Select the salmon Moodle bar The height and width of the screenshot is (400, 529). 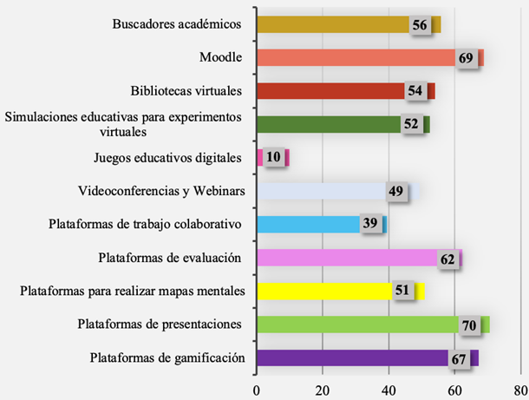click(x=356, y=58)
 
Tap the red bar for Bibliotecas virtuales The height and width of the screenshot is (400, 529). click(x=330, y=91)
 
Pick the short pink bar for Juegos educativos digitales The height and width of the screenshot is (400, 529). click(x=260, y=157)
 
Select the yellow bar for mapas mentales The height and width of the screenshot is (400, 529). click(x=321, y=291)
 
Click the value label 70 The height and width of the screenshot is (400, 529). click(x=472, y=325)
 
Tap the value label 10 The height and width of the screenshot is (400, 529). click(x=274, y=158)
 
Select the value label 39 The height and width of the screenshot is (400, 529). click(x=371, y=225)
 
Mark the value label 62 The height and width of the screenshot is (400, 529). click(x=447, y=259)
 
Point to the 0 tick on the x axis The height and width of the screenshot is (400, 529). click(x=257, y=390)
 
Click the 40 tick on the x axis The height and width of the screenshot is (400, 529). click(x=388, y=390)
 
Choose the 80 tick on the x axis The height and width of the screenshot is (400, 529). click(x=518, y=390)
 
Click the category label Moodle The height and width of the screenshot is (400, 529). click(x=219, y=58)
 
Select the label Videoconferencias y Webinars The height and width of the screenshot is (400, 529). click(x=160, y=191)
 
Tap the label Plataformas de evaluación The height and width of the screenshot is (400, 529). click(x=169, y=258)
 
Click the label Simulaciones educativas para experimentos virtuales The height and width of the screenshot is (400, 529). click(x=123, y=125)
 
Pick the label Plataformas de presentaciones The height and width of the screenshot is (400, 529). click(x=159, y=325)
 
